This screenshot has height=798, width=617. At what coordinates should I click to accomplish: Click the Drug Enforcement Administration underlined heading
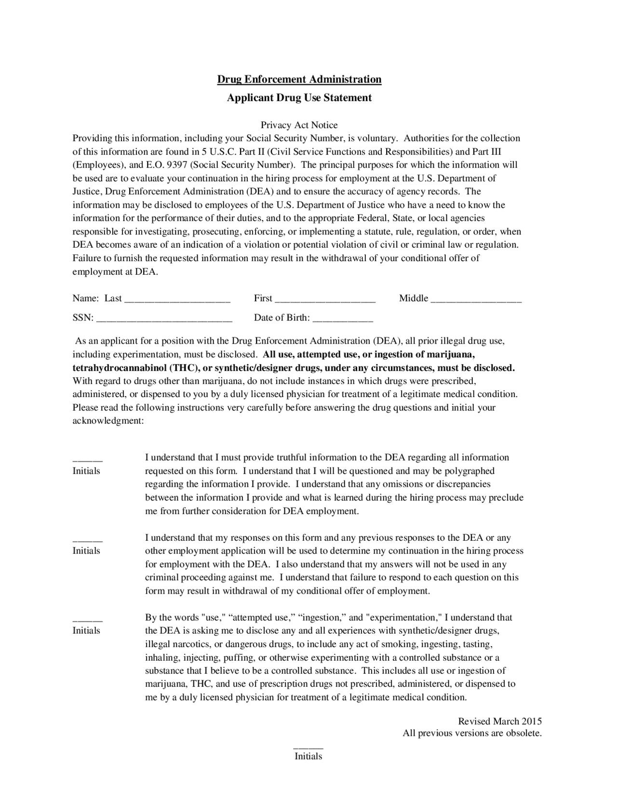click(x=299, y=79)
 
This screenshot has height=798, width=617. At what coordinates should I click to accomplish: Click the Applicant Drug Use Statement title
click(x=299, y=98)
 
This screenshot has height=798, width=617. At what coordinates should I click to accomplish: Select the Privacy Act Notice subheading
click(x=299, y=125)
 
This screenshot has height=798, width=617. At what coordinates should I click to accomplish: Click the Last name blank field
click(x=177, y=300)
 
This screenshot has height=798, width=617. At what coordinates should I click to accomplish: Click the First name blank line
click(x=325, y=300)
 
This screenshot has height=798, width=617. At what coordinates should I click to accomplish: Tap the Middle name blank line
click(x=476, y=300)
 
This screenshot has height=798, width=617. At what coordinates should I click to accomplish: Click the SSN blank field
click(x=164, y=319)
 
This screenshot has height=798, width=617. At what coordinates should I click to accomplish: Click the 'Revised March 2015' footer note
click(x=499, y=721)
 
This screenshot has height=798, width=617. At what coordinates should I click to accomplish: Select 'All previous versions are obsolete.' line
click(x=472, y=733)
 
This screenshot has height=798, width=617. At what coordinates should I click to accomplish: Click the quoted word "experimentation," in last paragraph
click(x=404, y=617)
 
